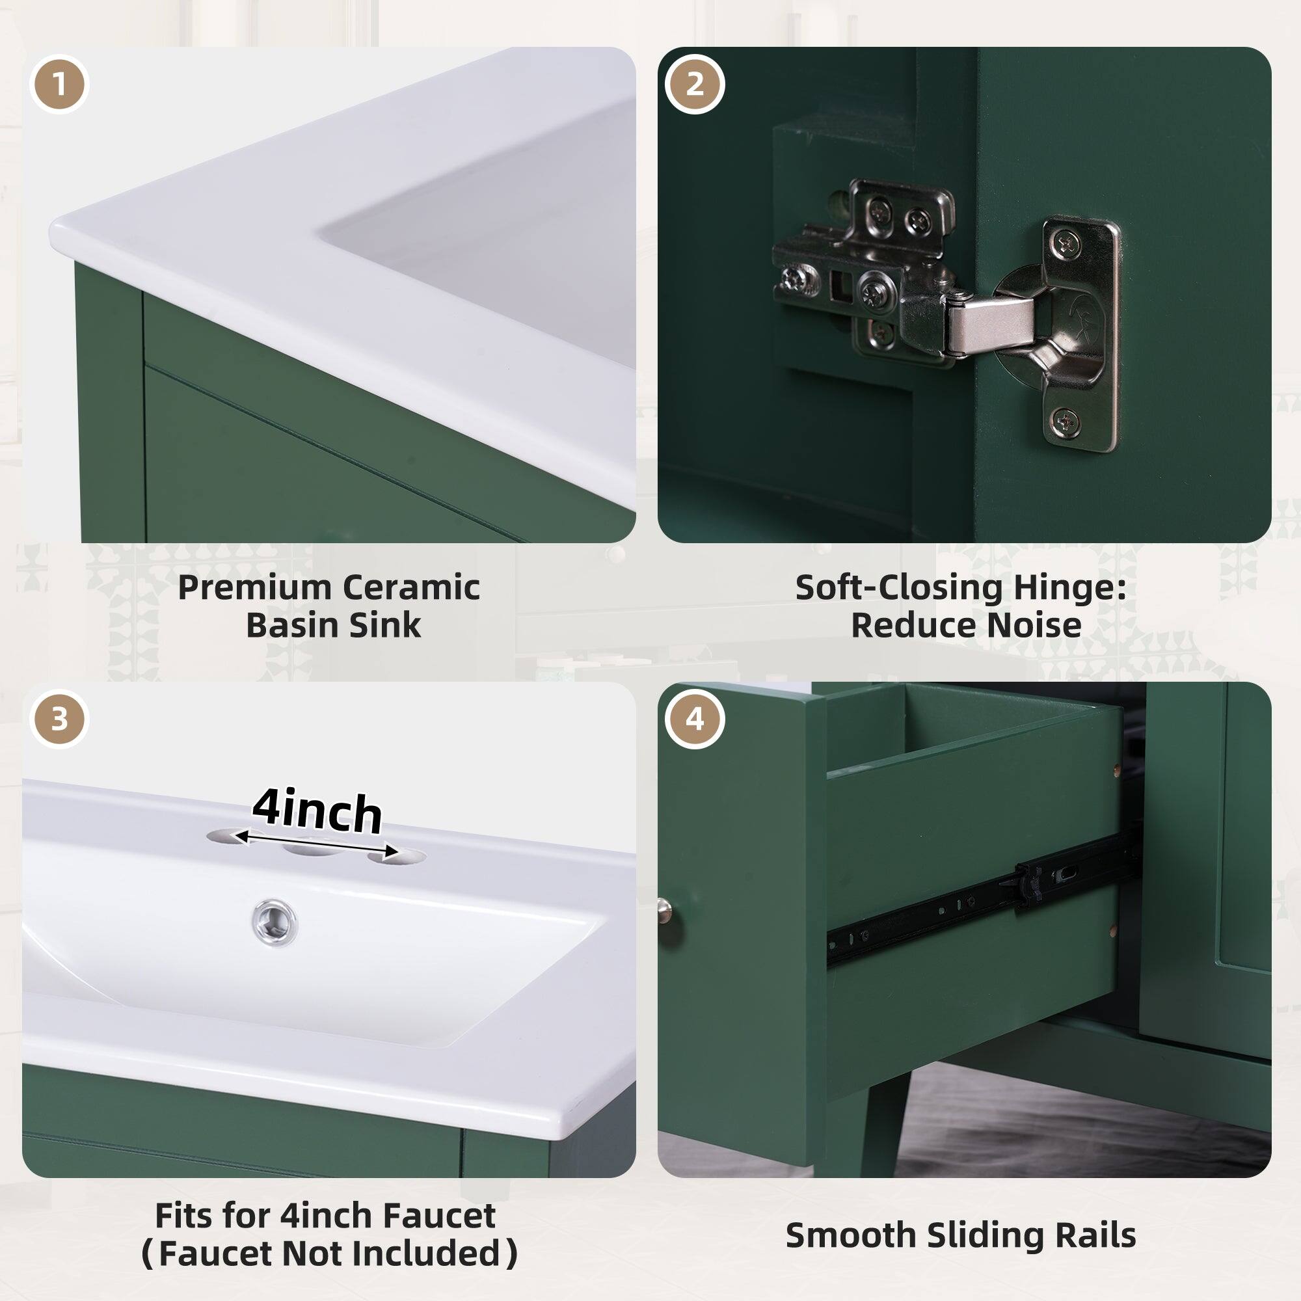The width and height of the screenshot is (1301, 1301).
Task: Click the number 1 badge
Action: pos(59,85)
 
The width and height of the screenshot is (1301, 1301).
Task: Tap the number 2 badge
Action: pos(694,85)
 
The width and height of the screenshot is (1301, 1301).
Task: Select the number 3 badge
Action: pos(59,719)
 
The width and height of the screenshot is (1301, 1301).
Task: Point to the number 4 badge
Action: pos(694,719)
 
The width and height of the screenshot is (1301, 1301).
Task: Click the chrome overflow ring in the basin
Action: pos(275,921)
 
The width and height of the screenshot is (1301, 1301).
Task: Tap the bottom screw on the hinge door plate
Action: pos(1066,422)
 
